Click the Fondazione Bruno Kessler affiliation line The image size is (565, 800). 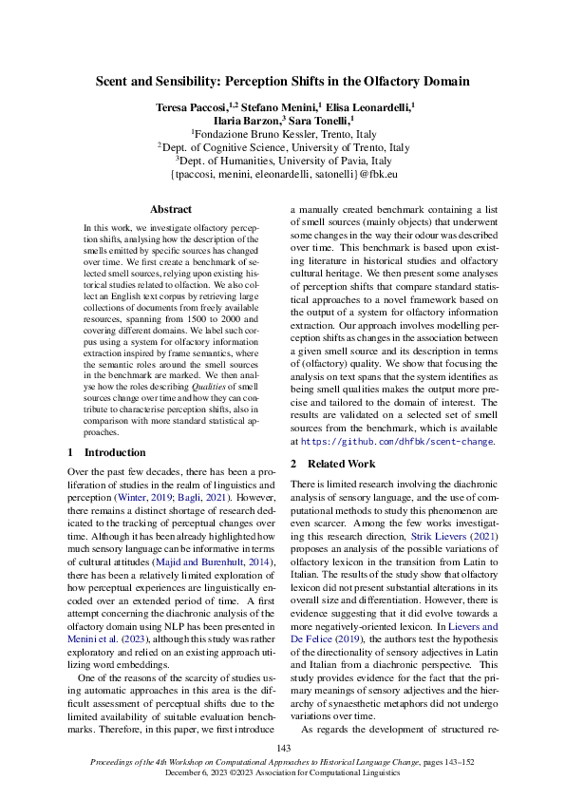[282, 135]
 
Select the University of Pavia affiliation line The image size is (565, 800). [282, 162]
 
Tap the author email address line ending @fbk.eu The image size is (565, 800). [282, 176]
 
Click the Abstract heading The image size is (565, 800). [172, 209]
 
